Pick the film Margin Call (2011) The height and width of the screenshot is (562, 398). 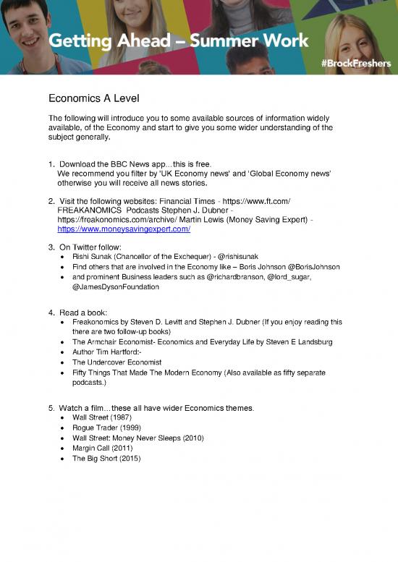pos(102,448)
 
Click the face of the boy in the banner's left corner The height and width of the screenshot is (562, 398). pos(21,22)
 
